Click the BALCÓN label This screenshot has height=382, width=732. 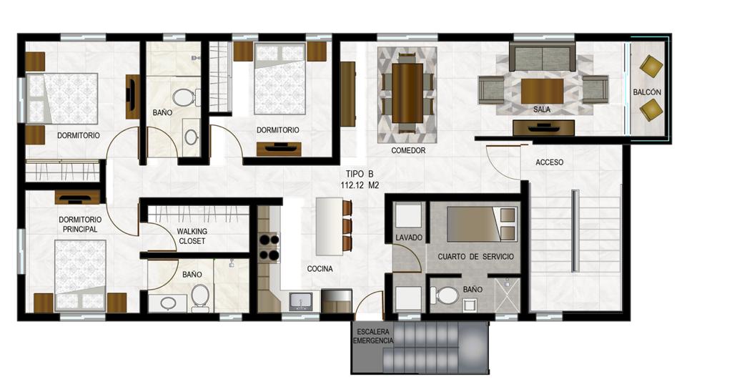(646, 92)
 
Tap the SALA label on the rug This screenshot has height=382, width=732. (542, 109)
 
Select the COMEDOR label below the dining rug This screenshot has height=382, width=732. (408, 150)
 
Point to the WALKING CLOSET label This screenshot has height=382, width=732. (192, 236)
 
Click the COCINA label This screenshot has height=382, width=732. (320, 269)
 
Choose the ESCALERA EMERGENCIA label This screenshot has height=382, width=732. (372, 336)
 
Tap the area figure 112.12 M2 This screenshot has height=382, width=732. (360, 185)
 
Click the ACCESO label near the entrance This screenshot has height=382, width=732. (549, 162)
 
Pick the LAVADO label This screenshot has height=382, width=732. (408, 237)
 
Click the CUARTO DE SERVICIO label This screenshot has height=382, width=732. (475, 257)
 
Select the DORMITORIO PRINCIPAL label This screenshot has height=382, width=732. (80, 224)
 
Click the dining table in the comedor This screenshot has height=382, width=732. (407, 93)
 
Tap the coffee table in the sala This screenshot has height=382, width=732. (542, 91)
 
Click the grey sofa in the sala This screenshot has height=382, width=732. (542, 57)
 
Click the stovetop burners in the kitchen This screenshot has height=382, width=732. (269, 248)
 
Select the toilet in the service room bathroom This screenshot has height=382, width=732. (445, 295)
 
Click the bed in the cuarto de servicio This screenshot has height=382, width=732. (482, 224)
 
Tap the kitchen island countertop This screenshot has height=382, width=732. (330, 226)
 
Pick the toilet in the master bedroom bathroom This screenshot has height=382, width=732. (200, 298)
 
